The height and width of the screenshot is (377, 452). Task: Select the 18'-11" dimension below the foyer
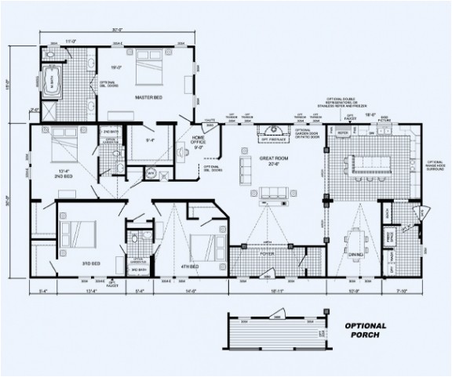[275, 291]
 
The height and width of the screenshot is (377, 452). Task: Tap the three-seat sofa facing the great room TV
[273, 192]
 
